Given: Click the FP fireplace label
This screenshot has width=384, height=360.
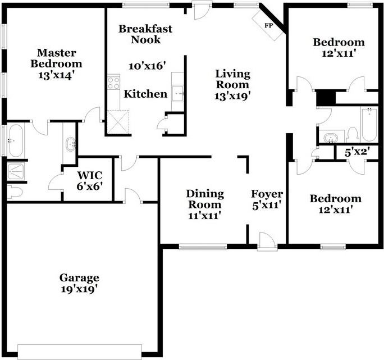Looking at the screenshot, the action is click(268, 25).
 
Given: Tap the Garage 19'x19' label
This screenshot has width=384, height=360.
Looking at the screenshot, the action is click(79, 284).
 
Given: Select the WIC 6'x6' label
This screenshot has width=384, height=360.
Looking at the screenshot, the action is click(89, 181).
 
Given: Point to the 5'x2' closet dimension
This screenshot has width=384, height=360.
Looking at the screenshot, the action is click(357, 152).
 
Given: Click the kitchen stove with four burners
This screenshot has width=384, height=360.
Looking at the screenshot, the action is click(113, 83).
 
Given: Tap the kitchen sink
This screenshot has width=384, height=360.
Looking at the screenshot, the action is click(178, 93).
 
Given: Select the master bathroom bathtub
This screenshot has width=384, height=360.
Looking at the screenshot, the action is click(15, 140).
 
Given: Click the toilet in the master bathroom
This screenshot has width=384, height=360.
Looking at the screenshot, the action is click(14, 192).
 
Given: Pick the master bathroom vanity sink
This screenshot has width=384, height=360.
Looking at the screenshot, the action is click(71, 144).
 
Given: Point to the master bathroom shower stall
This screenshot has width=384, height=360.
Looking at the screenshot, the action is click(15, 171).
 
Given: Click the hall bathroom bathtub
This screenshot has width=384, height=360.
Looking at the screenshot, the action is click(369, 124).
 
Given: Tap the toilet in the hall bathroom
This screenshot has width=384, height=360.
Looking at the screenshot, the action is click(353, 135).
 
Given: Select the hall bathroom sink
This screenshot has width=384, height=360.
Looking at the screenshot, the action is click(331, 138).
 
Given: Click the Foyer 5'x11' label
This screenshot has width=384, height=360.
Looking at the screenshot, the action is click(267, 199).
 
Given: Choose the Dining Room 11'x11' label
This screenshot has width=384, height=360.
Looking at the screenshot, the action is click(205, 204).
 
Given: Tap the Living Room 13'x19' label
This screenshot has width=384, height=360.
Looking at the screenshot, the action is click(232, 85).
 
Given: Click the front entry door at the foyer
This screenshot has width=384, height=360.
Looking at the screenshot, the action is click(267, 241).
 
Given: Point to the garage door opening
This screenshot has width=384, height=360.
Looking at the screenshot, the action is click(80, 352).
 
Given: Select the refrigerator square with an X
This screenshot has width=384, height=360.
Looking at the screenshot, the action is click(118, 122).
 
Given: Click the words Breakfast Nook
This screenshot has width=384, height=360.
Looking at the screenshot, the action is click(145, 34).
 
